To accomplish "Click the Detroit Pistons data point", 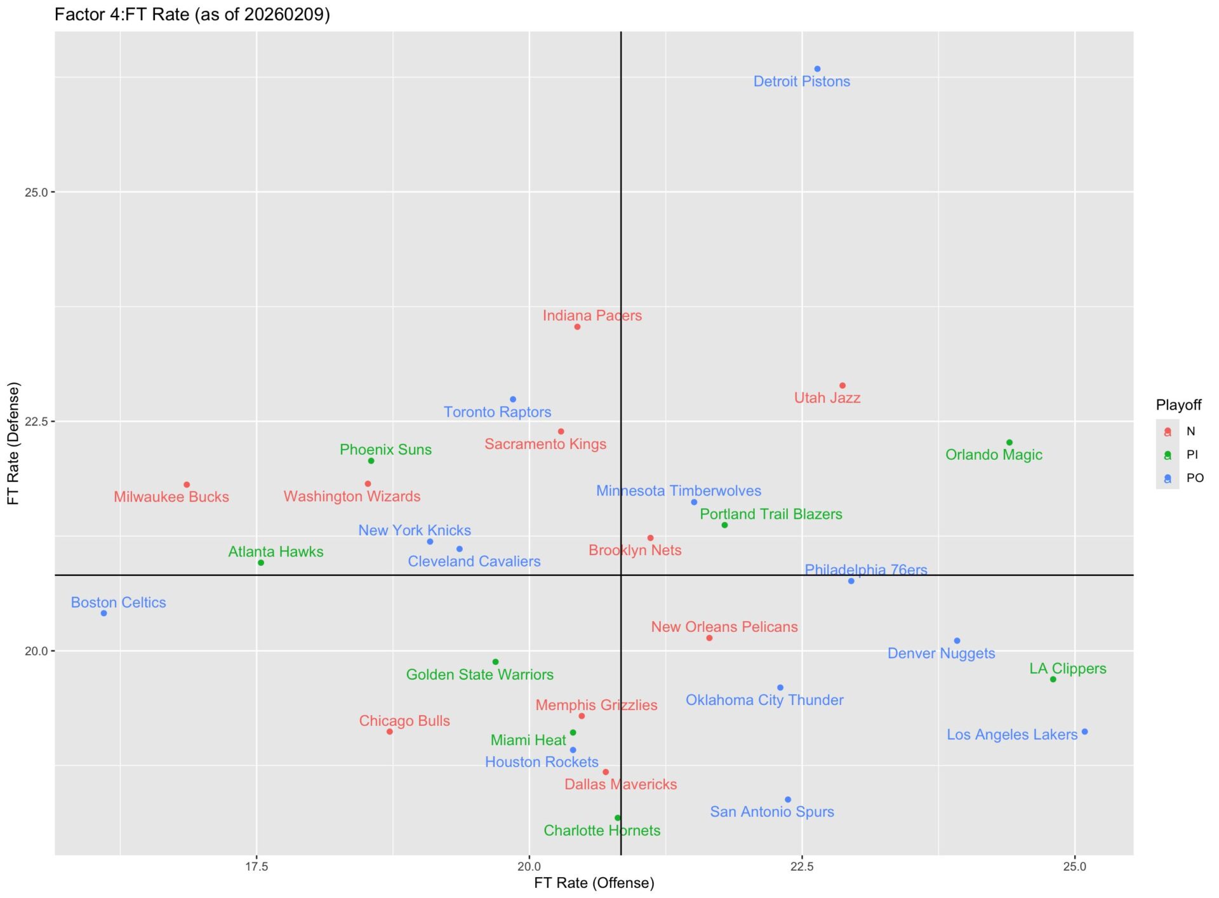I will (x=817, y=69).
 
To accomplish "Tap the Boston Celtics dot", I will (x=104, y=613).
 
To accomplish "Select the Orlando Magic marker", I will (x=1009, y=443).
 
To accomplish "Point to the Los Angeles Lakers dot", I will (x=1085, y=732).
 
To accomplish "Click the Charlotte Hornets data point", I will (x=618, y=818).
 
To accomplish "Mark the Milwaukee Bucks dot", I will (x=187, y=485).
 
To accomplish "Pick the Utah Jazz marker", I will (x=843, y=386).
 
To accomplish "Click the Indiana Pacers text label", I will (x=592, y=316).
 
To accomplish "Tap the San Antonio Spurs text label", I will (x=771, y=812).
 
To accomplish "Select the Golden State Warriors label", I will (x=479, y=674).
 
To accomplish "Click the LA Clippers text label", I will (x=1067, y=669).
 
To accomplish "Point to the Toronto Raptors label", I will (x=497, y=412).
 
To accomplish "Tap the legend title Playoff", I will (x=1178, y=405).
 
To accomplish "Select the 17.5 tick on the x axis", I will (x=256, y=866).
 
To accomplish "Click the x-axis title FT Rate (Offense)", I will (x=594, y=883).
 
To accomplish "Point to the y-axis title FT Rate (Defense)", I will (x=13, y=443).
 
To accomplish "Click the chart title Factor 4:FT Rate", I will (x=192, y=15).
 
